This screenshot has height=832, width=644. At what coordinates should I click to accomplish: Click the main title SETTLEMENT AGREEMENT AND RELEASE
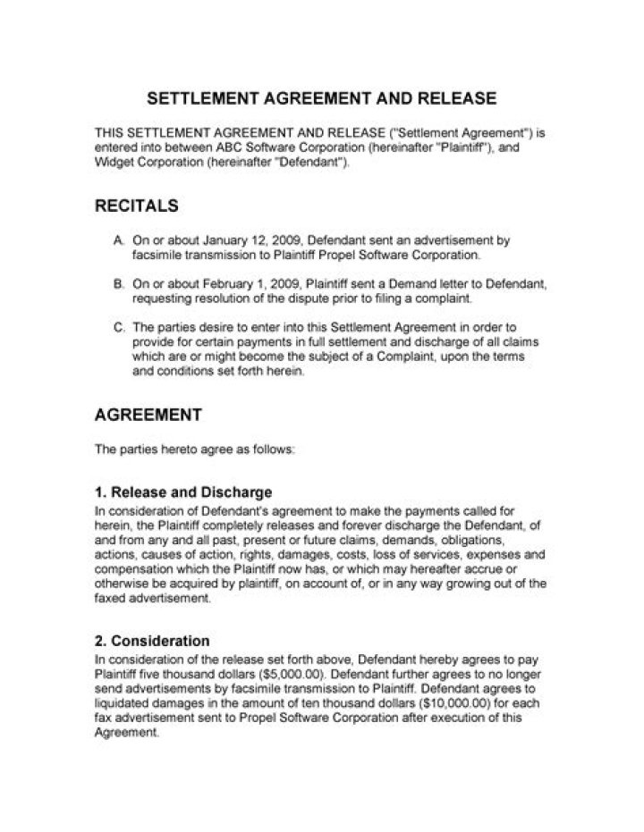point(321,97)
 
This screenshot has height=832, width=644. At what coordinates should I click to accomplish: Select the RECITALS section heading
point(137,206)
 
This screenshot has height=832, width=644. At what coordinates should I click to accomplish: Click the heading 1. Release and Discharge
point(183,492)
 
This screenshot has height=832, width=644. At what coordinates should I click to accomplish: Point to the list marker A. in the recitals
point(120,241)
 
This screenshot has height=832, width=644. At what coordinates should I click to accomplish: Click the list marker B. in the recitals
point(120,283)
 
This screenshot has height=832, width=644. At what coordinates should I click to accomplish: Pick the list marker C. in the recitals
point(120,326)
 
